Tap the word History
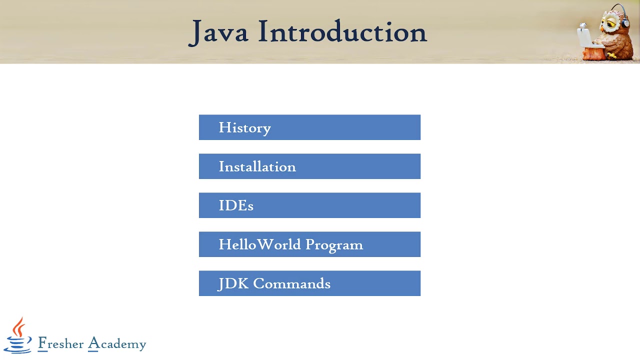click(x=244, y=128)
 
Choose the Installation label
click(x=257, y=167)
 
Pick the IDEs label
click(x=236, y=206)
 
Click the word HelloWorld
click(x=259, y=244)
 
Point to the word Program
click(x=334, y=245)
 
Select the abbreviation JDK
click(x=233, y=284)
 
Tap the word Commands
click(x=292, y=284)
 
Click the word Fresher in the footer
click(x=61, y=343)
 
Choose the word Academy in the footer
click(x=117, y=344)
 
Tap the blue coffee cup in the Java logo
click(x=17, y=344)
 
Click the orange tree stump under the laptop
click(x=593, y=53)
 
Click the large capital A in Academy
click(x=93, y=343)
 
